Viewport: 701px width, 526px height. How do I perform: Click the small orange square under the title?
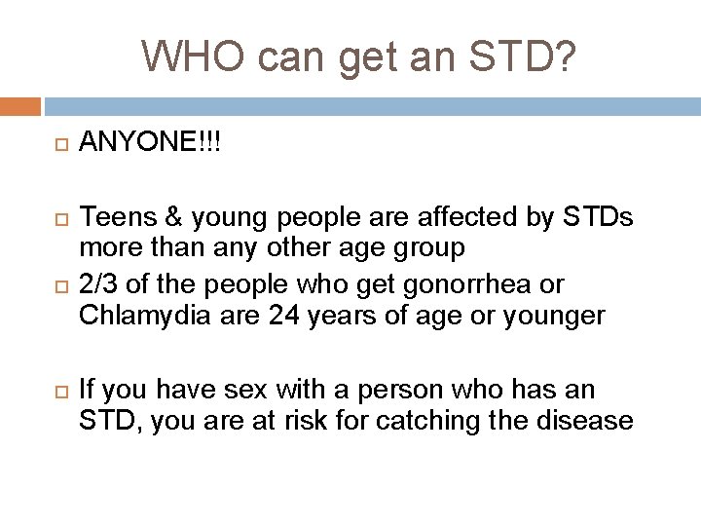(x=20, y=105)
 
